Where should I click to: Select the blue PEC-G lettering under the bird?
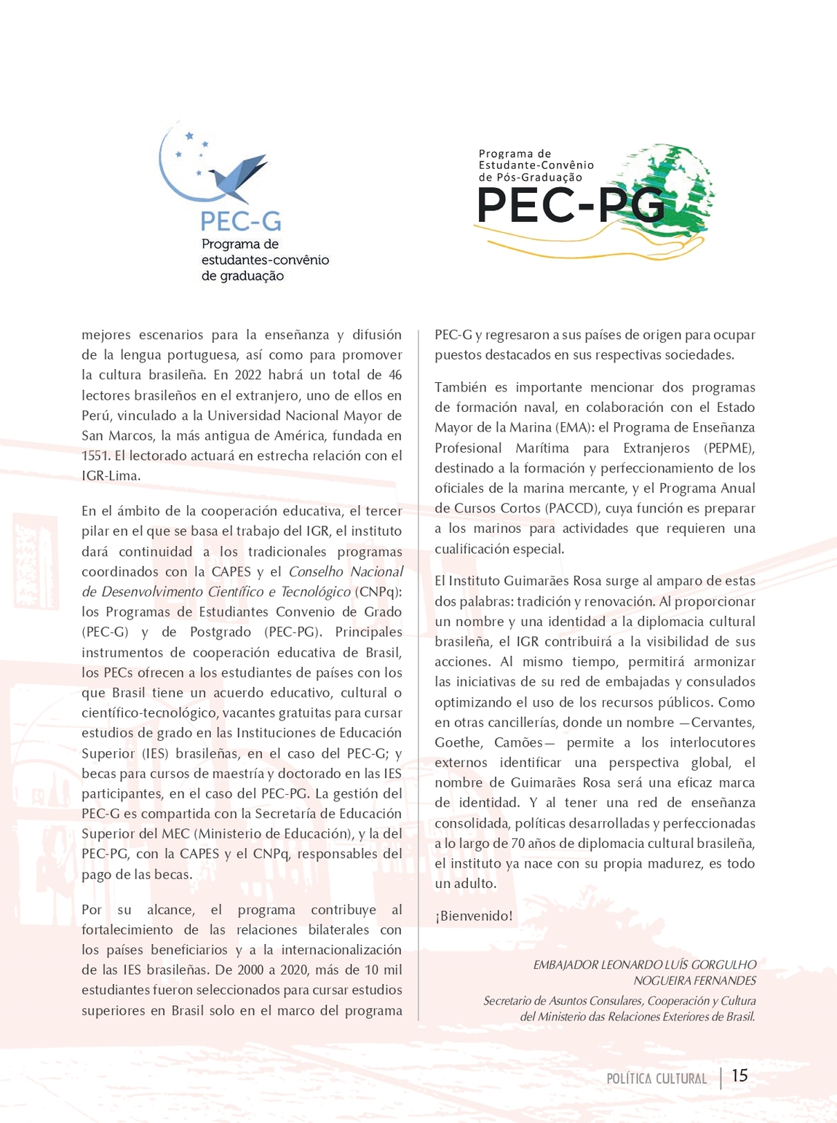(240, 221)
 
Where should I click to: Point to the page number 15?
(739, 1076)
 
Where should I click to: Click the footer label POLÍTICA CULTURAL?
(656, 1079)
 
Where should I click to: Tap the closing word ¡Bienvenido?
(474, 916)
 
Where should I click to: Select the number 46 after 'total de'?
(394, 375)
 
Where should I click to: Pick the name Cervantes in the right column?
(722, 722)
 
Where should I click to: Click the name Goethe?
(458, 742)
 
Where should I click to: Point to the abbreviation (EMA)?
(574, 427)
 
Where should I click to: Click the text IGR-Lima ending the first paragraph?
(110, 476)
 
